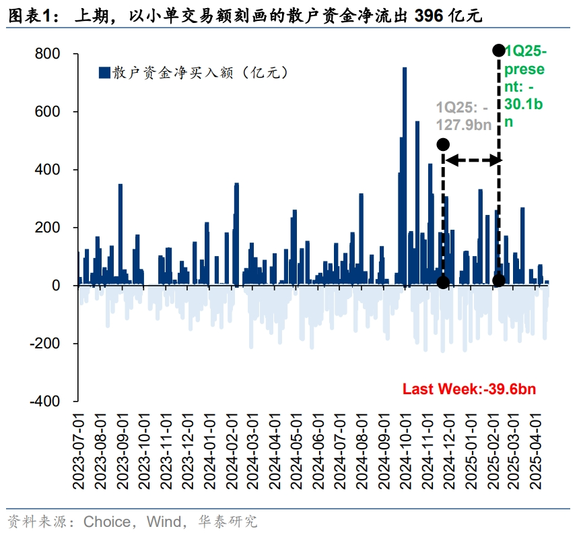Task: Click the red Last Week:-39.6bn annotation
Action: pos(469,389)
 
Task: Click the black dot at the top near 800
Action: pos(499,50)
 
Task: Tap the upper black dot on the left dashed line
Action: pos(443,144)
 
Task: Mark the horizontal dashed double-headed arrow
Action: pos(471,160)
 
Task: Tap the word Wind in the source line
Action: pos(166,521)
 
